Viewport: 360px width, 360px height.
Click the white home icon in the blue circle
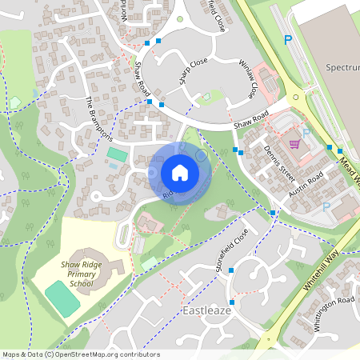179,172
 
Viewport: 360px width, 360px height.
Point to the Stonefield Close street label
232,251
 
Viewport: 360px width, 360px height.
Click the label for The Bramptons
100,118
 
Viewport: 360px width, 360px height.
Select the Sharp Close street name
193,71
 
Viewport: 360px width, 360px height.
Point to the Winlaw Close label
250,78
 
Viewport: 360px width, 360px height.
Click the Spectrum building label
342,69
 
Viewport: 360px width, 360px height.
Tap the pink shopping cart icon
294,144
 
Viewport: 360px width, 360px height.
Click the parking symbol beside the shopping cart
306,134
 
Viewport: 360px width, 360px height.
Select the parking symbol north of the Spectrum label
288,39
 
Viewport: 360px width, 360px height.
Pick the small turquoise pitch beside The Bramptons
117,153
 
